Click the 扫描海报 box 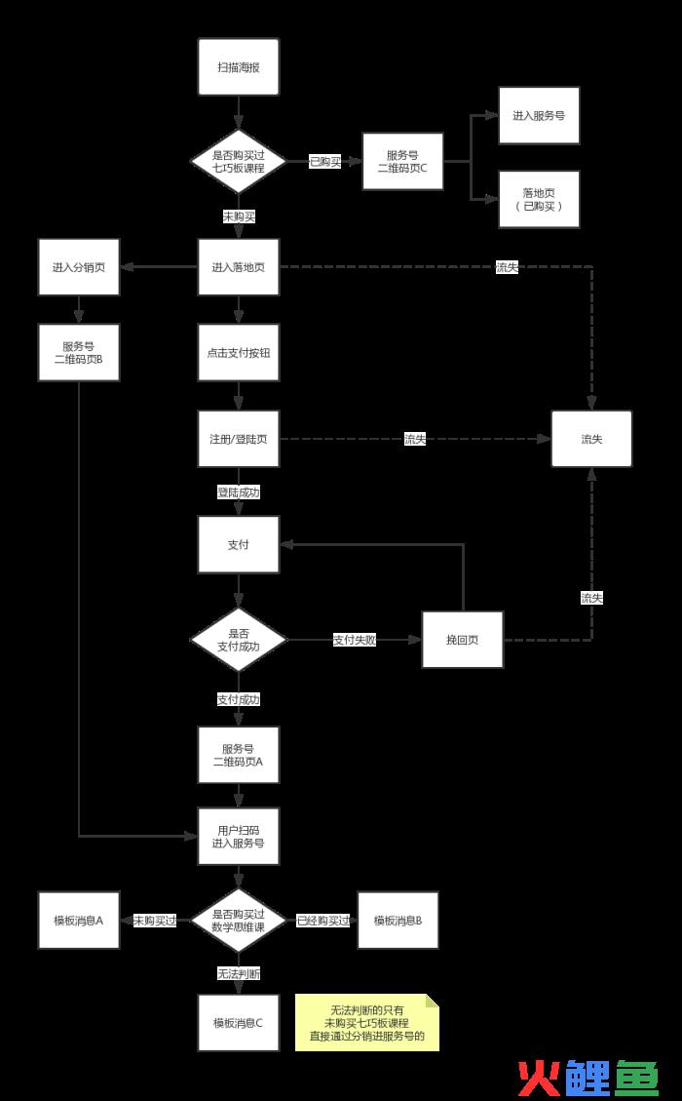tap(239, 66)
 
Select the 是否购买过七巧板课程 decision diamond tap(239, 161)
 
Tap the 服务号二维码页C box tap(402, 161)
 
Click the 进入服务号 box tap(539, 115)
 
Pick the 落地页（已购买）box tap(539, 199)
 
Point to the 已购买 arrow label tap(325, 162)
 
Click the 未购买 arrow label tap(239, 216)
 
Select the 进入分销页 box tap(79, 267)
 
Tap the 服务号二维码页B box tap(79, 352)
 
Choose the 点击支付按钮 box tap(239, 352)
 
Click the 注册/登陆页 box tap(239, 439)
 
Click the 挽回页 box tap(463, 640)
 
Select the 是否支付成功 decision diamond tap(239, 640)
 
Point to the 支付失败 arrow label tap(355, 641)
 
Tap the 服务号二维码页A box tap(239, 755)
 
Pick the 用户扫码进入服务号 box tap(239, 836)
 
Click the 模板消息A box tap(79, 921)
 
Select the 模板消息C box tap(239, 1022)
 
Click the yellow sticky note tap(367, 1022)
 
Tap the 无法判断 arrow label tap(239, 973)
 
